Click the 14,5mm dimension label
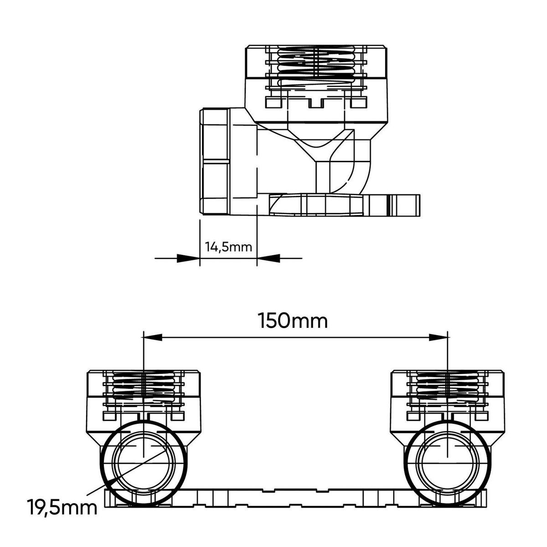228,247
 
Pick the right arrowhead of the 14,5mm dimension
268,258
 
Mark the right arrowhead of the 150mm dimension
438,337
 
